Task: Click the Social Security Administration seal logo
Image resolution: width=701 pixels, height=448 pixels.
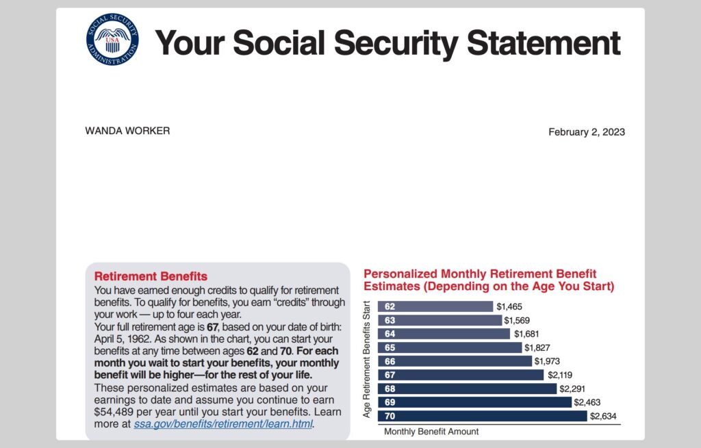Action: click(x=111, y=40)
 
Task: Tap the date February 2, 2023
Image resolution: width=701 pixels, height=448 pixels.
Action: click(x=586, y=132)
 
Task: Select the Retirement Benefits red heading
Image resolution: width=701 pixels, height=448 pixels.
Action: click(x=151, y=277)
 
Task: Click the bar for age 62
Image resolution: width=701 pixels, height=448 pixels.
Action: click(x=435, y=306)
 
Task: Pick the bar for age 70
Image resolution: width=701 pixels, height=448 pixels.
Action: click(x=483, y=416)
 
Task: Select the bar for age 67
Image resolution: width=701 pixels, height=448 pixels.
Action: click(x=461, y=375)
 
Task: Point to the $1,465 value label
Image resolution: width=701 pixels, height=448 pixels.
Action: click(x=509, y=307)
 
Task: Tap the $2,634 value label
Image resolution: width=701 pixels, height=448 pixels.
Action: click(x=603, y=416)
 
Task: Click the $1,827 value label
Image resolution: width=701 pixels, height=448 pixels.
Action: click(x=537, y=348)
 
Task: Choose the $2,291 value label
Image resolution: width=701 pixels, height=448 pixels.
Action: click(x=572, y=388)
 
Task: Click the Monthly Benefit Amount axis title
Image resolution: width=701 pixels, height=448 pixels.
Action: click(x=431, y=432)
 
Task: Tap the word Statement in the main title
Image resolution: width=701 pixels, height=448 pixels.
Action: click(x=543, y=42)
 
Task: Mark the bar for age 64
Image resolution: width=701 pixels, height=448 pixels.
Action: click(x=444, y=334)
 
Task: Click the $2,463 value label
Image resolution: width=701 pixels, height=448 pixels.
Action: click(x=587, y=402)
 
